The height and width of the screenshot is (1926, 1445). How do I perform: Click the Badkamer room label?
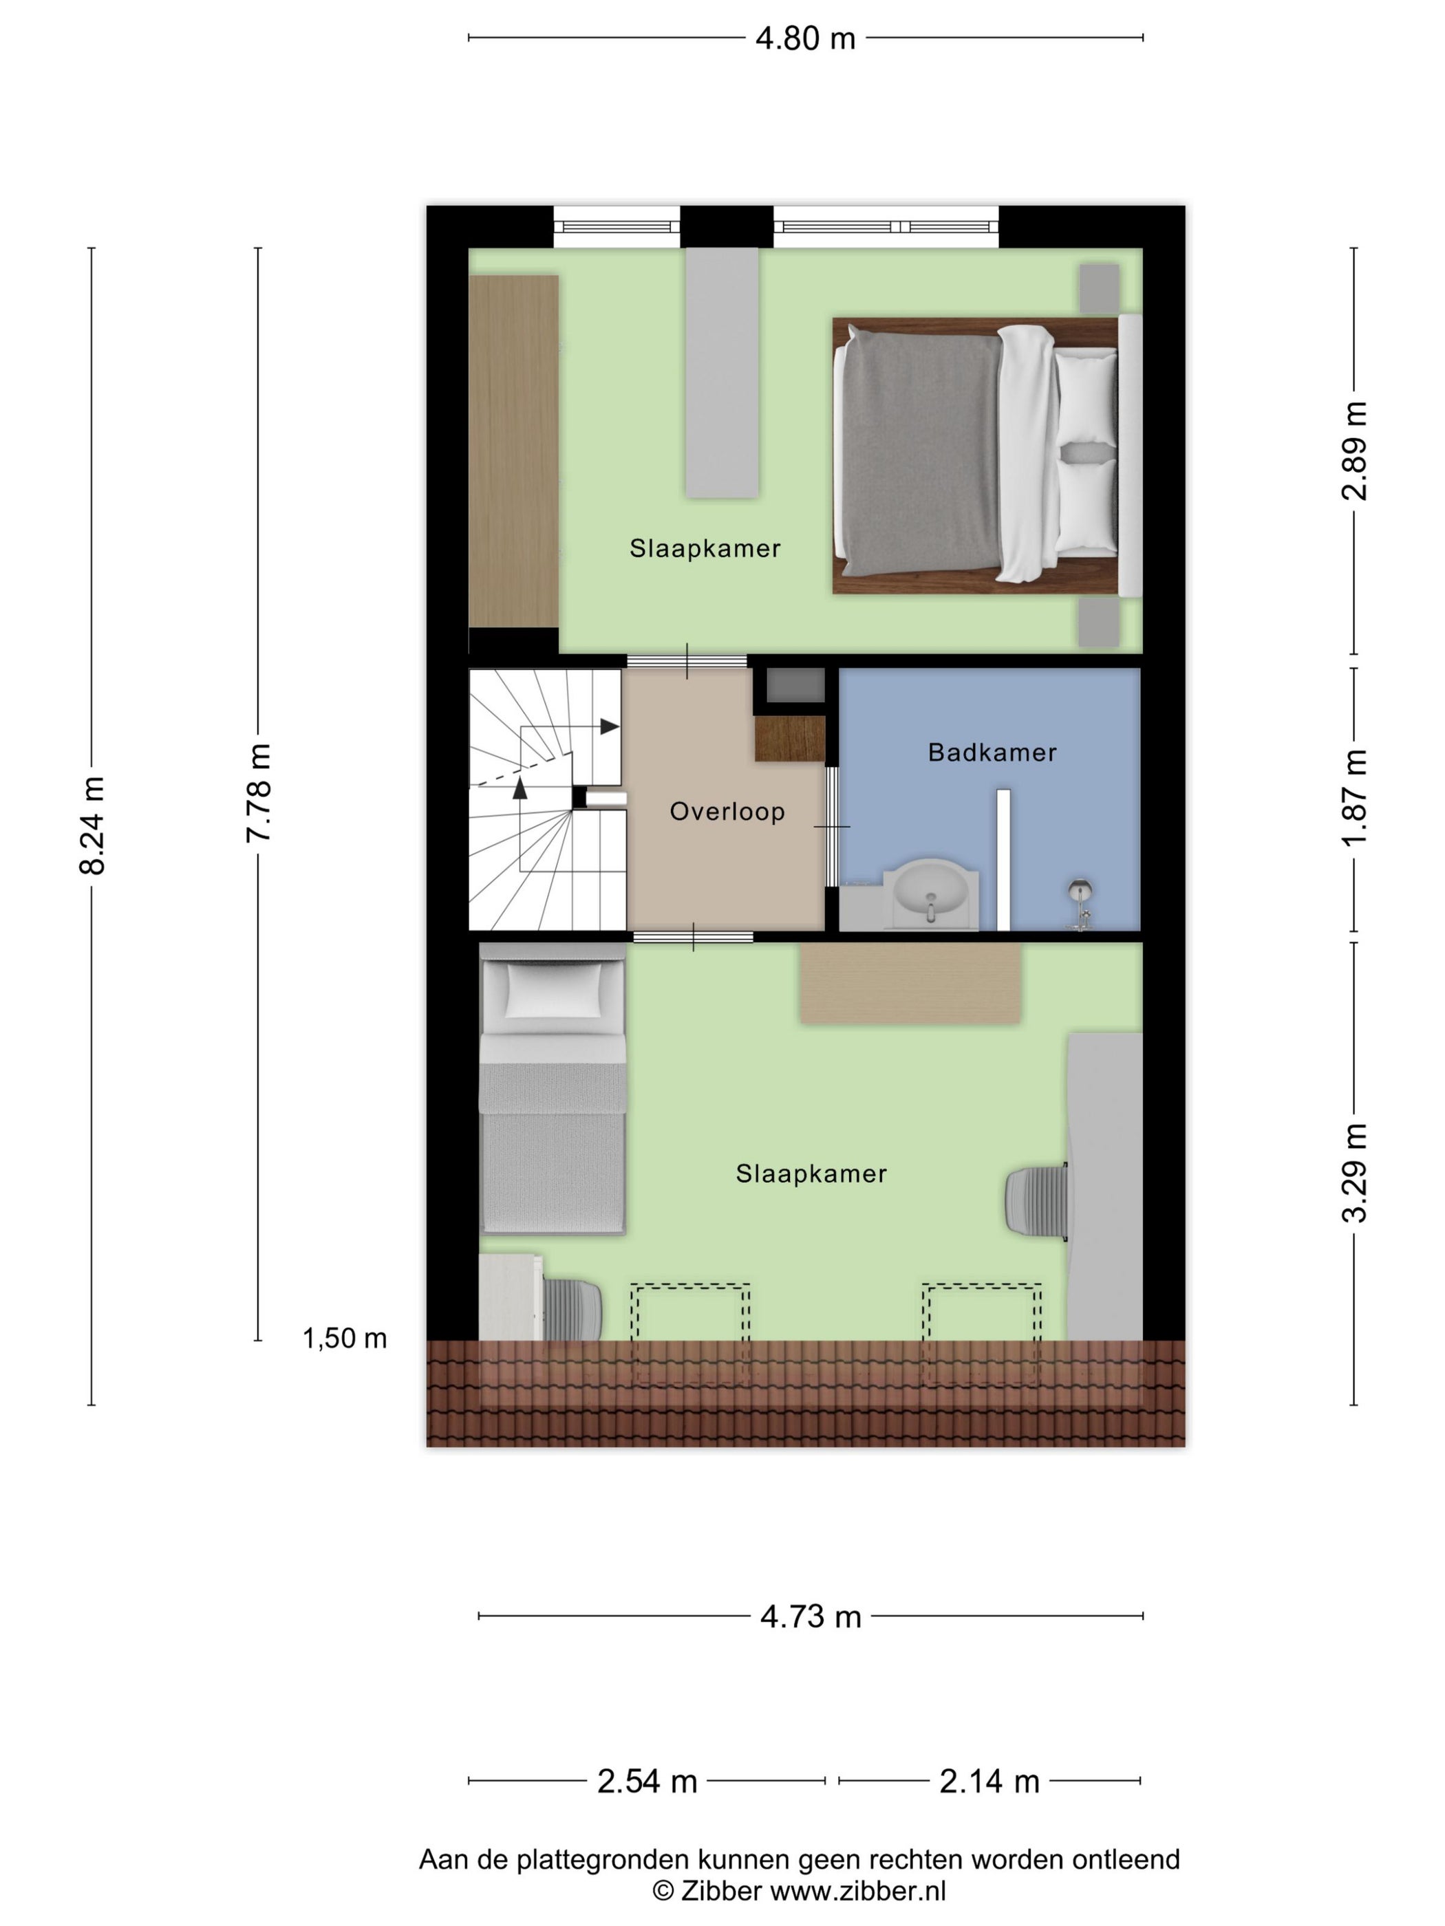992,753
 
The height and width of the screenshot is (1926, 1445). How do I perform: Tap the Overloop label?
727,812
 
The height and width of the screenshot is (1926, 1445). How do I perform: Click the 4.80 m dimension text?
806,39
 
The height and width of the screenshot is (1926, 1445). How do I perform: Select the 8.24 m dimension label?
92,825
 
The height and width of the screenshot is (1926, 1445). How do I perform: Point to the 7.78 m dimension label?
259,792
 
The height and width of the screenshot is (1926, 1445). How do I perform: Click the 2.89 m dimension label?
1354,451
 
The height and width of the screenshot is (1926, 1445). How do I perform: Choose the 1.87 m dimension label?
1354,797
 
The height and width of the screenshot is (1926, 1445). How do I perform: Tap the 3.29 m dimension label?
1354,1173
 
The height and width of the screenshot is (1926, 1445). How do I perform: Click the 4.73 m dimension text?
810,1617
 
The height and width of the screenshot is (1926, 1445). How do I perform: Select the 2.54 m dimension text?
647,1782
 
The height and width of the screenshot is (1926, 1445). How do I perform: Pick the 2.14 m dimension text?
989,1782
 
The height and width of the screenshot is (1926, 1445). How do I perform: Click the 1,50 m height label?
345,1337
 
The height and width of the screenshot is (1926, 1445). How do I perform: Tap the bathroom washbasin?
930,894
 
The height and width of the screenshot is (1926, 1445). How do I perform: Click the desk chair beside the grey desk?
1036,1200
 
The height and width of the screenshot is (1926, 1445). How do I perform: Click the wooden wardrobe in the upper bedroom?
514,451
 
